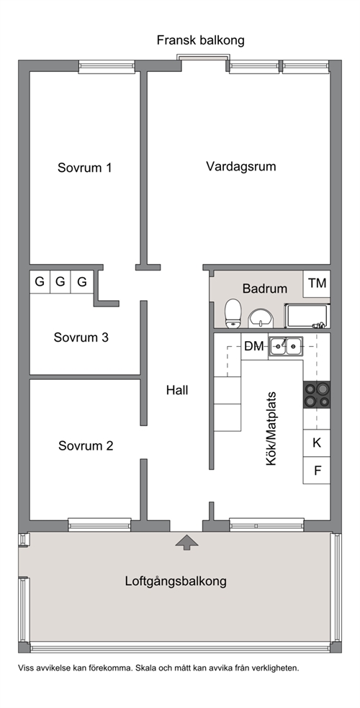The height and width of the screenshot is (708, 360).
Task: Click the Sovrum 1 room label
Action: (x=84, y=168)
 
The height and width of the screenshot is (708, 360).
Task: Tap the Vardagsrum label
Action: (x=240, y=166)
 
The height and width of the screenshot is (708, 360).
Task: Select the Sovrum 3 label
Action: (x=81, y=337)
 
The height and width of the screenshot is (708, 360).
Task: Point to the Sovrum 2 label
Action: (x=86, y=445)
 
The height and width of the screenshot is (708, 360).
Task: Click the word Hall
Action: (x=177, y=390)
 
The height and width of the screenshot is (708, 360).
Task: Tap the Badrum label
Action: (x=265, y=288)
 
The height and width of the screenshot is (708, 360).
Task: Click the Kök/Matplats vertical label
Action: (x=271, y=429)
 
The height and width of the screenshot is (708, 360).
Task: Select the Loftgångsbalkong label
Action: (x=176, y=581)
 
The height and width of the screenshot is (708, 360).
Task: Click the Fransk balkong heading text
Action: (x=201, y=40)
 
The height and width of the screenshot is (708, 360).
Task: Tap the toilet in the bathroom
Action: (x=233, y=312)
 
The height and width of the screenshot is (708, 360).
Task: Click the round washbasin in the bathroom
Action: (x=261, y=317)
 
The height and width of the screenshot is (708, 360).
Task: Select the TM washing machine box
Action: (x=317, y=283)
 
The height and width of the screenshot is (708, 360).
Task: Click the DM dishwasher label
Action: (x=253, y=346)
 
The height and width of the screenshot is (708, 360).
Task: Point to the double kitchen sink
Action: (x=285, y=347)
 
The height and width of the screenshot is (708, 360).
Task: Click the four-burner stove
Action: (x=317, y=395)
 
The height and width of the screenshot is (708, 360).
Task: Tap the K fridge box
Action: (x=317, y=443)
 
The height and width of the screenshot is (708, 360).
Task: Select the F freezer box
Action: (x=317, y=470)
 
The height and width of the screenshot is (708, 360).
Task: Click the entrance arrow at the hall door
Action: (x=186, y=541)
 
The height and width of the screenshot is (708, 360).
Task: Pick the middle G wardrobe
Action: (x=60, y=282)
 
